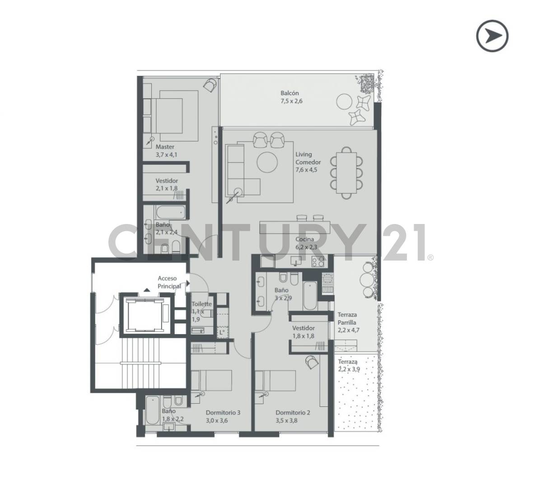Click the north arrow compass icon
pyautogui.click(x=492, y=36)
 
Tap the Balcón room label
pyautogui.click(x=289, y=93)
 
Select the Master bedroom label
pyautogui.click(x=165, y=147)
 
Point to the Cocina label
pyautogui.click(x=305, y=239)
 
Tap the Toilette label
pyautogui.click(x=201, y=304)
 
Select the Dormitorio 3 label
pyautogui.click(x=223, y=412)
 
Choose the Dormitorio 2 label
pyautogui.click(x=293, y=412)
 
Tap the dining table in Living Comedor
pyautogui.click(x=346, y=173)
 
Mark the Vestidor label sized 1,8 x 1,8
pyautogui.click(x=303, y=328)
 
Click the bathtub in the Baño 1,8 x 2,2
pyautogui.click(x=152, y=410)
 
